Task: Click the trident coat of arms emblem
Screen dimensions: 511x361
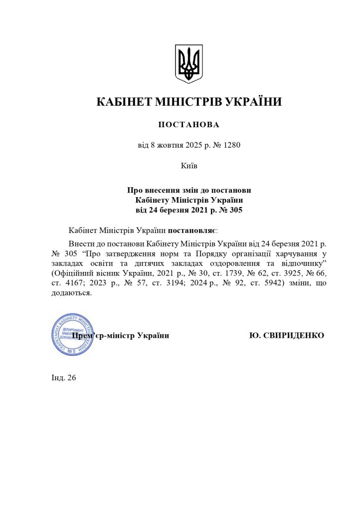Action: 188,63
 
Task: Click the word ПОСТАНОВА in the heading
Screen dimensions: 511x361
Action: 188,124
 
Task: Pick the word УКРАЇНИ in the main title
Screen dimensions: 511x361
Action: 254,102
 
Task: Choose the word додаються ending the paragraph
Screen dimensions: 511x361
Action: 71,293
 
